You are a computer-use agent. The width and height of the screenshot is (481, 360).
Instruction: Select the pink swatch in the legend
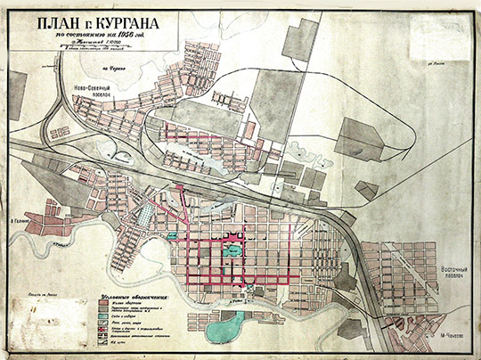[x=102, y=303]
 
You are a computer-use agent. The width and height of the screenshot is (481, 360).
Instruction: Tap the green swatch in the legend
[x=102, y=318]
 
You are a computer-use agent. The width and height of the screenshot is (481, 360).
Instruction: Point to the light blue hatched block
[x=141, y=215]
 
